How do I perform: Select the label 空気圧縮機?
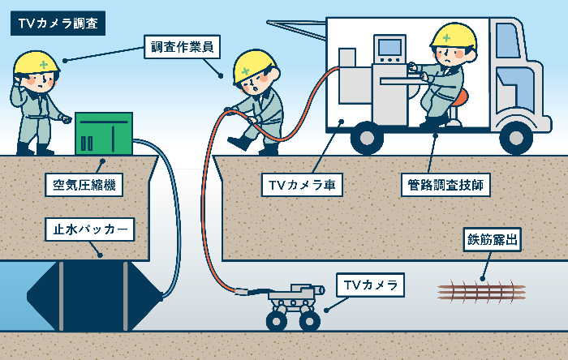coord(79,186)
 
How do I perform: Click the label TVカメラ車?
coord(303,186)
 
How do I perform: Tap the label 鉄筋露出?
coord(492,240)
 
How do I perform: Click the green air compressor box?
coord(103,133)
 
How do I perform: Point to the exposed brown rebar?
coord(481,290)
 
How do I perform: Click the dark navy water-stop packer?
coord(92,295)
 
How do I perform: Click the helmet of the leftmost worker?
coord(37,62)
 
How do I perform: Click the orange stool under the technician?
coord(460,99)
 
